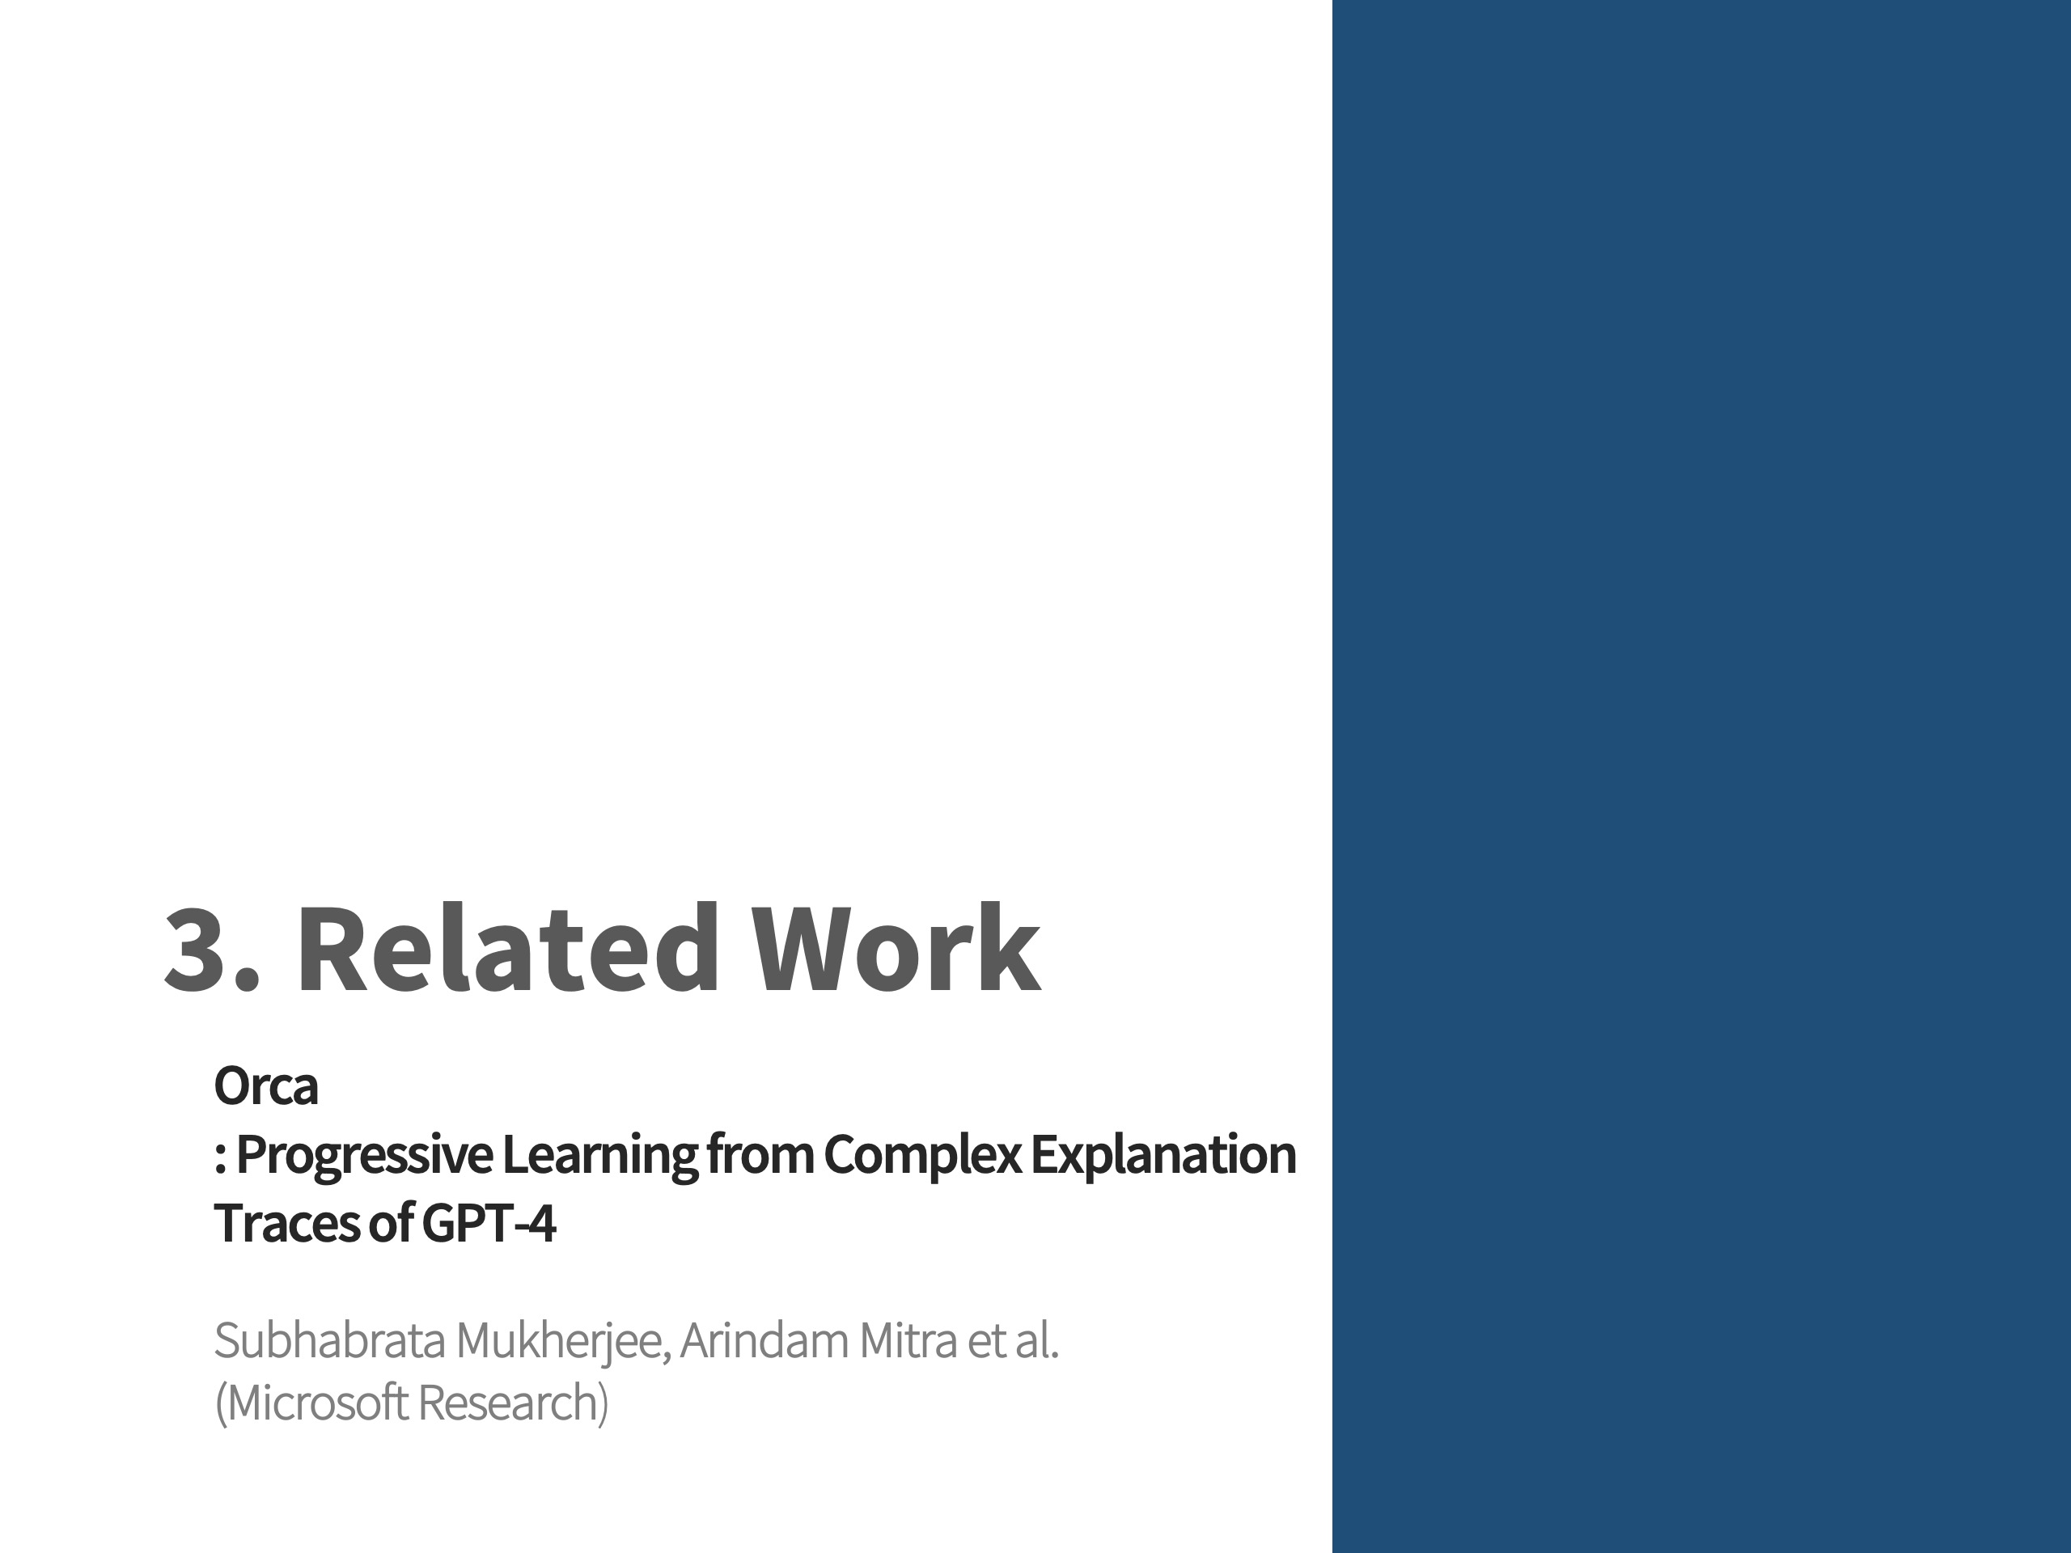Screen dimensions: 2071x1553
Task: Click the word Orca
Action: [x=266, y=1085]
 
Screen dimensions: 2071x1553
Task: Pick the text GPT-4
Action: [x=489, y=1222]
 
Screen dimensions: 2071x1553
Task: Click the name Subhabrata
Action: [x=329, y=1340]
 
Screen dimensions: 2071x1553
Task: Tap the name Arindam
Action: [x=764, y=1340]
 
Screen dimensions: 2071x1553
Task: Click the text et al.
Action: [x=1013, y=1340]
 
